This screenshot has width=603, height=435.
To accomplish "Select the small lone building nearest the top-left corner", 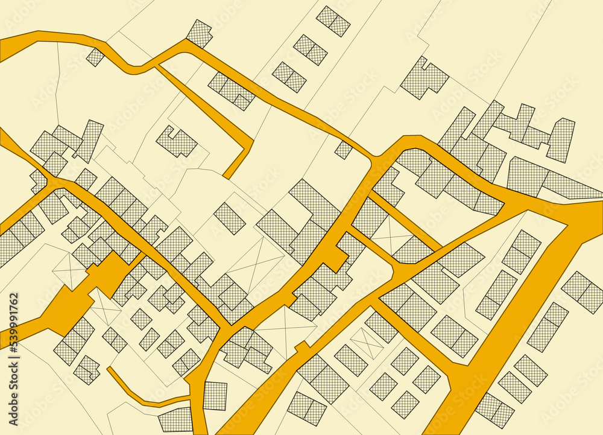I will (x=95, y=57).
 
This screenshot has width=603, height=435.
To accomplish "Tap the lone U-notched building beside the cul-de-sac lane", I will (x=177, y=142).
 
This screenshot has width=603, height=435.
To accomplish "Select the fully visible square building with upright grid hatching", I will (x=215, y=395).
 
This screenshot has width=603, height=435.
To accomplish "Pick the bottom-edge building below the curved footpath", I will (x=175, y=419).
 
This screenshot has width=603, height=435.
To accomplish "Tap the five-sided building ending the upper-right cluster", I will (x=561, y=139).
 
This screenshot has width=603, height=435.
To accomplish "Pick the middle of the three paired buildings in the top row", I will (x=311, y=49).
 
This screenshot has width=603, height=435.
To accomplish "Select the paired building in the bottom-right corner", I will (x=494, y=410).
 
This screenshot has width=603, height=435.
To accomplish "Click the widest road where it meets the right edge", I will (x=588, y=217).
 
